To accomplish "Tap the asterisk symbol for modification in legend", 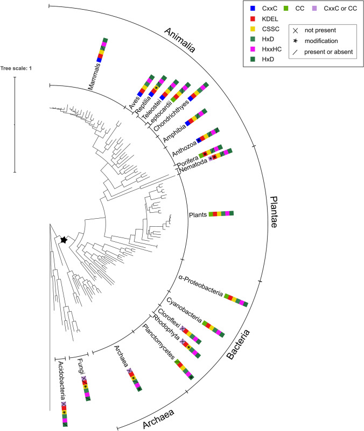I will [295, 41].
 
